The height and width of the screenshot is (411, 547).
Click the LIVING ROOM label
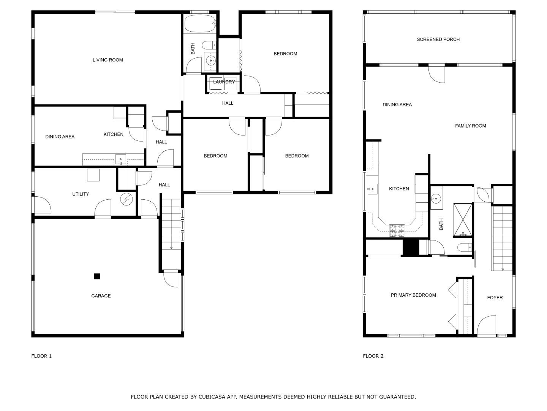108,60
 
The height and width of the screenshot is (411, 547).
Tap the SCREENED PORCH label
438,39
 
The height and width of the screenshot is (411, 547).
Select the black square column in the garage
97,276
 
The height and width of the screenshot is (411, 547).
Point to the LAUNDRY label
224,82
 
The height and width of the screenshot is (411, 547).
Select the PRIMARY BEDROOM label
413,295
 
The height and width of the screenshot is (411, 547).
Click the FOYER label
495,298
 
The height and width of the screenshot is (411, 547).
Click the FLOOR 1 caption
41,356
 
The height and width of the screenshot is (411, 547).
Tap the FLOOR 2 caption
373,356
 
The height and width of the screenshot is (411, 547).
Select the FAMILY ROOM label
470,126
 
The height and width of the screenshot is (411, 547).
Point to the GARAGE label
101,296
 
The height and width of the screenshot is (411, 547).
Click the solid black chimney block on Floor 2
410,248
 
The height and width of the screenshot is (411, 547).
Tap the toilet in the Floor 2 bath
463,248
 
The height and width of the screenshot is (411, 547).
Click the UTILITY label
81,194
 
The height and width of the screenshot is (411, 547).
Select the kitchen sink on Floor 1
120,159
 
